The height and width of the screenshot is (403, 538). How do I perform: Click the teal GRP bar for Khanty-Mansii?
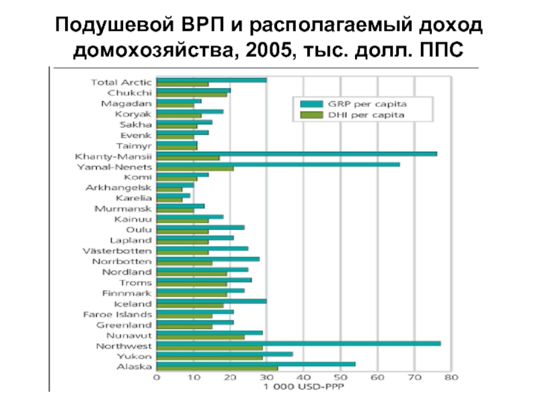point(296,154)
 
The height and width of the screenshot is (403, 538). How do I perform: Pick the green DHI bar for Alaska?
point(217,368)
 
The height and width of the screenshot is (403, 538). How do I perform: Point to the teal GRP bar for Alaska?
point(256,364)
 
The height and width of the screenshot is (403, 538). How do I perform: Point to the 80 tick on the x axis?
point(451,377)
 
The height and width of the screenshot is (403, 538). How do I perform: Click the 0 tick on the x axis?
point(157,377)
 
